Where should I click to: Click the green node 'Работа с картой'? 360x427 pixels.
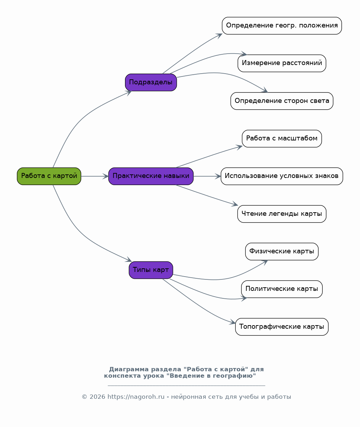point(49,176)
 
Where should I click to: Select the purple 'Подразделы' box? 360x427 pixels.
point(151,82)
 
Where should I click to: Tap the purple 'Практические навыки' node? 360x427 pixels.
point(151,176)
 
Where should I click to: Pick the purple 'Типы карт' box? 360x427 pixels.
point(151,270)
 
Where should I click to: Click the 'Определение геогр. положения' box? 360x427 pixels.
point(282,26)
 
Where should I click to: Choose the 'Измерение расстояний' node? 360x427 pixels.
point(282,63)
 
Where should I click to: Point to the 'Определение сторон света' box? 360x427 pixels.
point(282,101)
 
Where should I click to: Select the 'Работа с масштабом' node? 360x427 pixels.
point(282,139)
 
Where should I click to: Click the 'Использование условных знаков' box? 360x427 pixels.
point(282,176)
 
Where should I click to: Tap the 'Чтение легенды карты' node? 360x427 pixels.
point(282,214)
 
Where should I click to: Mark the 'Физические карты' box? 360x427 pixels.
point(282,251)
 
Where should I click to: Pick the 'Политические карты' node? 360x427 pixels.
point(282,289)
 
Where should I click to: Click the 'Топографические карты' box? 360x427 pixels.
point(282,327)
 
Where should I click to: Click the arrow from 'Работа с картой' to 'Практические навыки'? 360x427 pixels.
point(95,176)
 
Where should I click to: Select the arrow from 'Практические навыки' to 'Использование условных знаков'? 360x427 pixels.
point(207,176)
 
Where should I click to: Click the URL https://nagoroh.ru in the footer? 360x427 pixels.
point(136,397)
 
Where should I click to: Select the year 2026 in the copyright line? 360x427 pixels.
point(97,397)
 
